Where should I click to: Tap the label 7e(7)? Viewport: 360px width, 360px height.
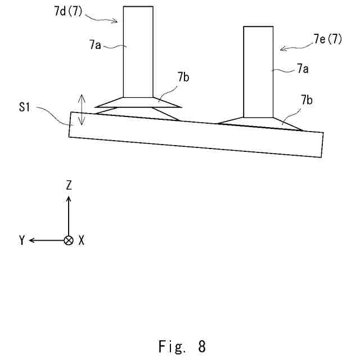click(x=327, y=39)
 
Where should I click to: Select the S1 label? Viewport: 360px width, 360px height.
click(x=24, y=107)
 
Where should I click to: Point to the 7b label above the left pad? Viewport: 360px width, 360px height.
click(x=183, y=78)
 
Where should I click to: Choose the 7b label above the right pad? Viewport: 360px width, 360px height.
click(x=307, y=101)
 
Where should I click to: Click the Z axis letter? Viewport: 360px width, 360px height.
click(x=69, y=185)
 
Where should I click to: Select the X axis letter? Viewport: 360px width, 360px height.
click(x=82, y=240)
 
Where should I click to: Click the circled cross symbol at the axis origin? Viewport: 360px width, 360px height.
click(x=69, y=240)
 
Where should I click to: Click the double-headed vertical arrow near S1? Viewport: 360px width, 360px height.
click(x=82, y=110)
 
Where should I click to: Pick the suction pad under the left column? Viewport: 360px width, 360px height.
click(x=138, y=108)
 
